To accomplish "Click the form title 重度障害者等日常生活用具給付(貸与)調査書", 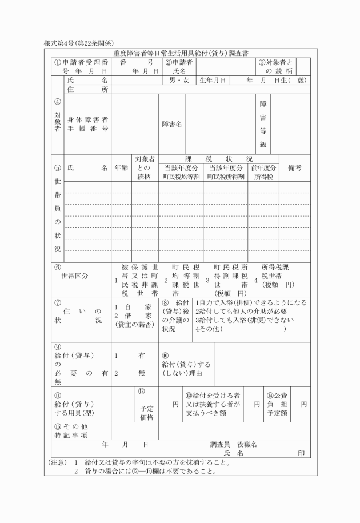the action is pos(180,53).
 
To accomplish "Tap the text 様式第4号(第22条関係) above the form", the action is pos(79,43).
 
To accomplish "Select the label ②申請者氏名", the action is pos(179,66).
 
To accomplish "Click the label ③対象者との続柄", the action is pos(276,66).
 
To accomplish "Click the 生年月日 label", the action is pos(213,81).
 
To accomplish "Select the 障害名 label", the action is pos(172,124).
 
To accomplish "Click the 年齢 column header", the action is pos(121,168).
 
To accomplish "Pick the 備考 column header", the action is pos(295,168).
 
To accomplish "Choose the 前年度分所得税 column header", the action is pos(263,173).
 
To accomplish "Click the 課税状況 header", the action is pos(219,159).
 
